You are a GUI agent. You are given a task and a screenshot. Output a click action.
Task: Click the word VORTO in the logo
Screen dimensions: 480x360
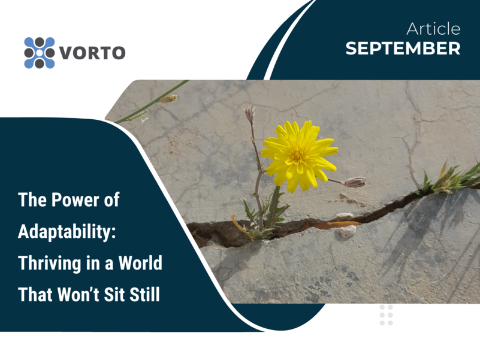pos(92,53)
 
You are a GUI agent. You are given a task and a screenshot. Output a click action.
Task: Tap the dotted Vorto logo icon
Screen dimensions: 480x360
pos(40,53)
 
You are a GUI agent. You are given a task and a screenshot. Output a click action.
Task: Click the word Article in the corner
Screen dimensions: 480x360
pos(433,29)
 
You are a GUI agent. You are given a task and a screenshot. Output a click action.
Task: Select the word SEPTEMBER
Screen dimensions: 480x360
pos(403,49)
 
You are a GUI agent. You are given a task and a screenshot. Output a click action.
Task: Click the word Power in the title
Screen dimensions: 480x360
pos(76,200)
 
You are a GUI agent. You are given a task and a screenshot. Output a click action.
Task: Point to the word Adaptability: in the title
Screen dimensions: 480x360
pos(67,232)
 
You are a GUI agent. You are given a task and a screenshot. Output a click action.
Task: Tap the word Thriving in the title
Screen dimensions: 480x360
pos(50,264)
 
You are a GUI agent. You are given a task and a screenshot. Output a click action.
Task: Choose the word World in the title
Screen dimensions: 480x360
pos(140,262)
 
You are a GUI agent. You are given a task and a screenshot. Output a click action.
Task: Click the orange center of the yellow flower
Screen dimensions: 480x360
pos(297,155)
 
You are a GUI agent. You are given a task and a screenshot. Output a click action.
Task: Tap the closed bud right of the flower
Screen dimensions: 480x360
pos(355,182)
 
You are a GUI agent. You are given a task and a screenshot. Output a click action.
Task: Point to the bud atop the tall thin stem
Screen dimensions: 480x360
pos(250,113)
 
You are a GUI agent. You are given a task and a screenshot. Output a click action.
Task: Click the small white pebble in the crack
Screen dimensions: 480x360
pos(347,231)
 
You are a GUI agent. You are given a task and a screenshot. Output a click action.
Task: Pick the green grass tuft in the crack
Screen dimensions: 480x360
pos(450,179)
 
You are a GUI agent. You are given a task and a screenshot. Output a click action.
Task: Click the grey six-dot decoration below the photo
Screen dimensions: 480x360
pos(386,315)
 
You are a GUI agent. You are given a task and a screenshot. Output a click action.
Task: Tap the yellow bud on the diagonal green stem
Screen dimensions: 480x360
pos(168,99)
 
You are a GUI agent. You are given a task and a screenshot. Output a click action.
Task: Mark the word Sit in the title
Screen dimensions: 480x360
pos(114,295)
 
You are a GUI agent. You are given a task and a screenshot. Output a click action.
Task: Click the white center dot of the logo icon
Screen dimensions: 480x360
pos(40,53)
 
